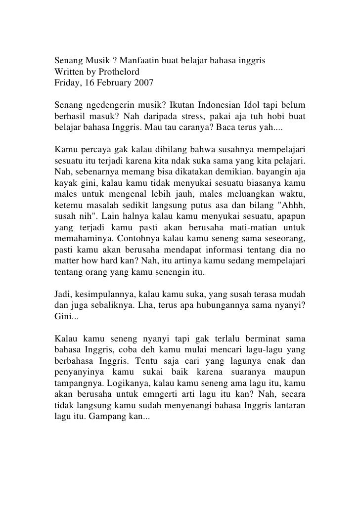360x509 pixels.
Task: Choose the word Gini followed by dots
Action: click(65, 316)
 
